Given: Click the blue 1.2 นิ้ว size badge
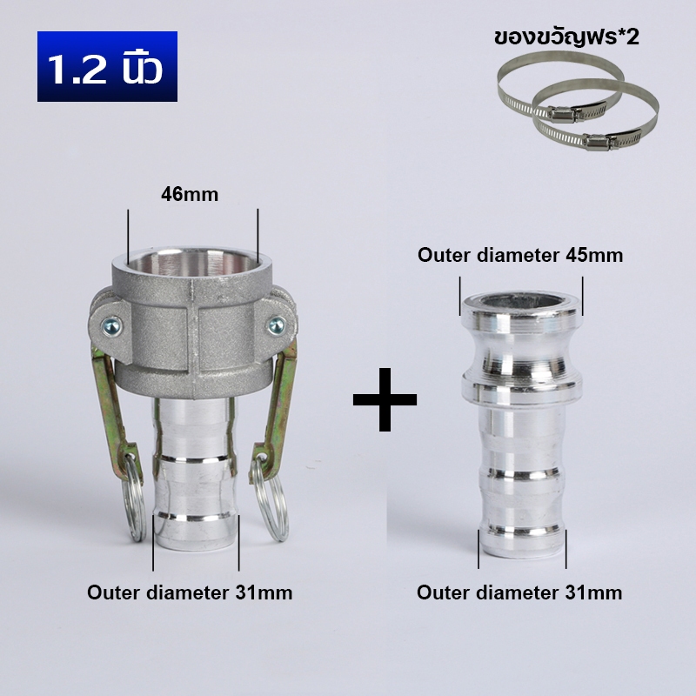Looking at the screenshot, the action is pyautogui.click(x=107, y=67).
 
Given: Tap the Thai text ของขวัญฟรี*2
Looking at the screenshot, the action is pyautogui.click(x=566, y=37).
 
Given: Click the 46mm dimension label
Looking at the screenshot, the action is pyautogui.click(x=190, y=194).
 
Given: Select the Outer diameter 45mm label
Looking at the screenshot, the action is pyautogui.click(x=520, y=255).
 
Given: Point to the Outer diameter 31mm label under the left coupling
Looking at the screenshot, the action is pyautogui.click(x=190, y=592).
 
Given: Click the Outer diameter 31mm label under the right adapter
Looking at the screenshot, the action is pyautogui.click(x=519, y=592).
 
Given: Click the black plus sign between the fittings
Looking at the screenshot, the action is pyautogui.click(x=385, y=399).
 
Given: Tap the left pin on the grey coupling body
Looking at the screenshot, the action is pyautogui.click(x=110, y=327).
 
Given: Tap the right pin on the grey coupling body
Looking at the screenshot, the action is pyautogui.click(x=276, y=325).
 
